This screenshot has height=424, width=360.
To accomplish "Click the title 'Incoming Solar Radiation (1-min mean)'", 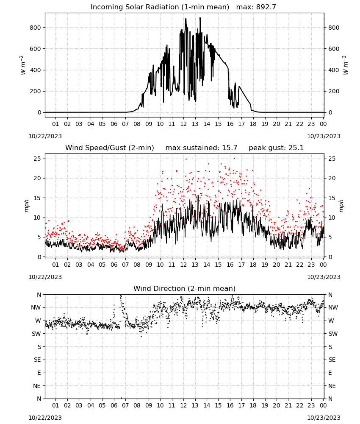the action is point(160,7).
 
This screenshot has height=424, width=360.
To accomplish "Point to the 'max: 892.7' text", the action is point(256,7).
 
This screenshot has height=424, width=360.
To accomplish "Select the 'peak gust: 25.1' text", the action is point(276,148).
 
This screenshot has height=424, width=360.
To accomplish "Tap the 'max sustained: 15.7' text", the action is point(201,148).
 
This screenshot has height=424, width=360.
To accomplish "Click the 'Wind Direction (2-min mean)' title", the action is point(185,288).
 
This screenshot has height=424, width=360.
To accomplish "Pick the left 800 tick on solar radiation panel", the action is point(36,28).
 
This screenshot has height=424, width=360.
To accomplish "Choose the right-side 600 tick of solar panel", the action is point(334,49).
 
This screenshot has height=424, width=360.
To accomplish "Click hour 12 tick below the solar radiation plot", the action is point(183,124).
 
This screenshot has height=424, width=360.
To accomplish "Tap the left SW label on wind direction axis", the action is point(36,334).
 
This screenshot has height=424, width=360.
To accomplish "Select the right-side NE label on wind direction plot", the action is point(332,386).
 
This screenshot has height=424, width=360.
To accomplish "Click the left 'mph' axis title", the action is point(26,206).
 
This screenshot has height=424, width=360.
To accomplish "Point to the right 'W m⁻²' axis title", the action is point(346,65).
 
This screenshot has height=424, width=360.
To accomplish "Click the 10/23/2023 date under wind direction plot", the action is point(324,418).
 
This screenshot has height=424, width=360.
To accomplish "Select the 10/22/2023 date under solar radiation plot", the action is point(45,136).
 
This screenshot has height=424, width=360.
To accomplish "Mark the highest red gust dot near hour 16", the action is point(234,159).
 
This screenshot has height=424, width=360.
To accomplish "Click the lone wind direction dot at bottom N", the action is point(121,398).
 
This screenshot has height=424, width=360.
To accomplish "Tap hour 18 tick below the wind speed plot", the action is point(253,265).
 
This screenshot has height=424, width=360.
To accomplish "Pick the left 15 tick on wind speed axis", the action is point(38,198).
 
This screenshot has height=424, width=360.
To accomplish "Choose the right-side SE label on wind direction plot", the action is point(332,360).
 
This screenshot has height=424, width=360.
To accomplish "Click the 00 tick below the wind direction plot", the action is point(323,405).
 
